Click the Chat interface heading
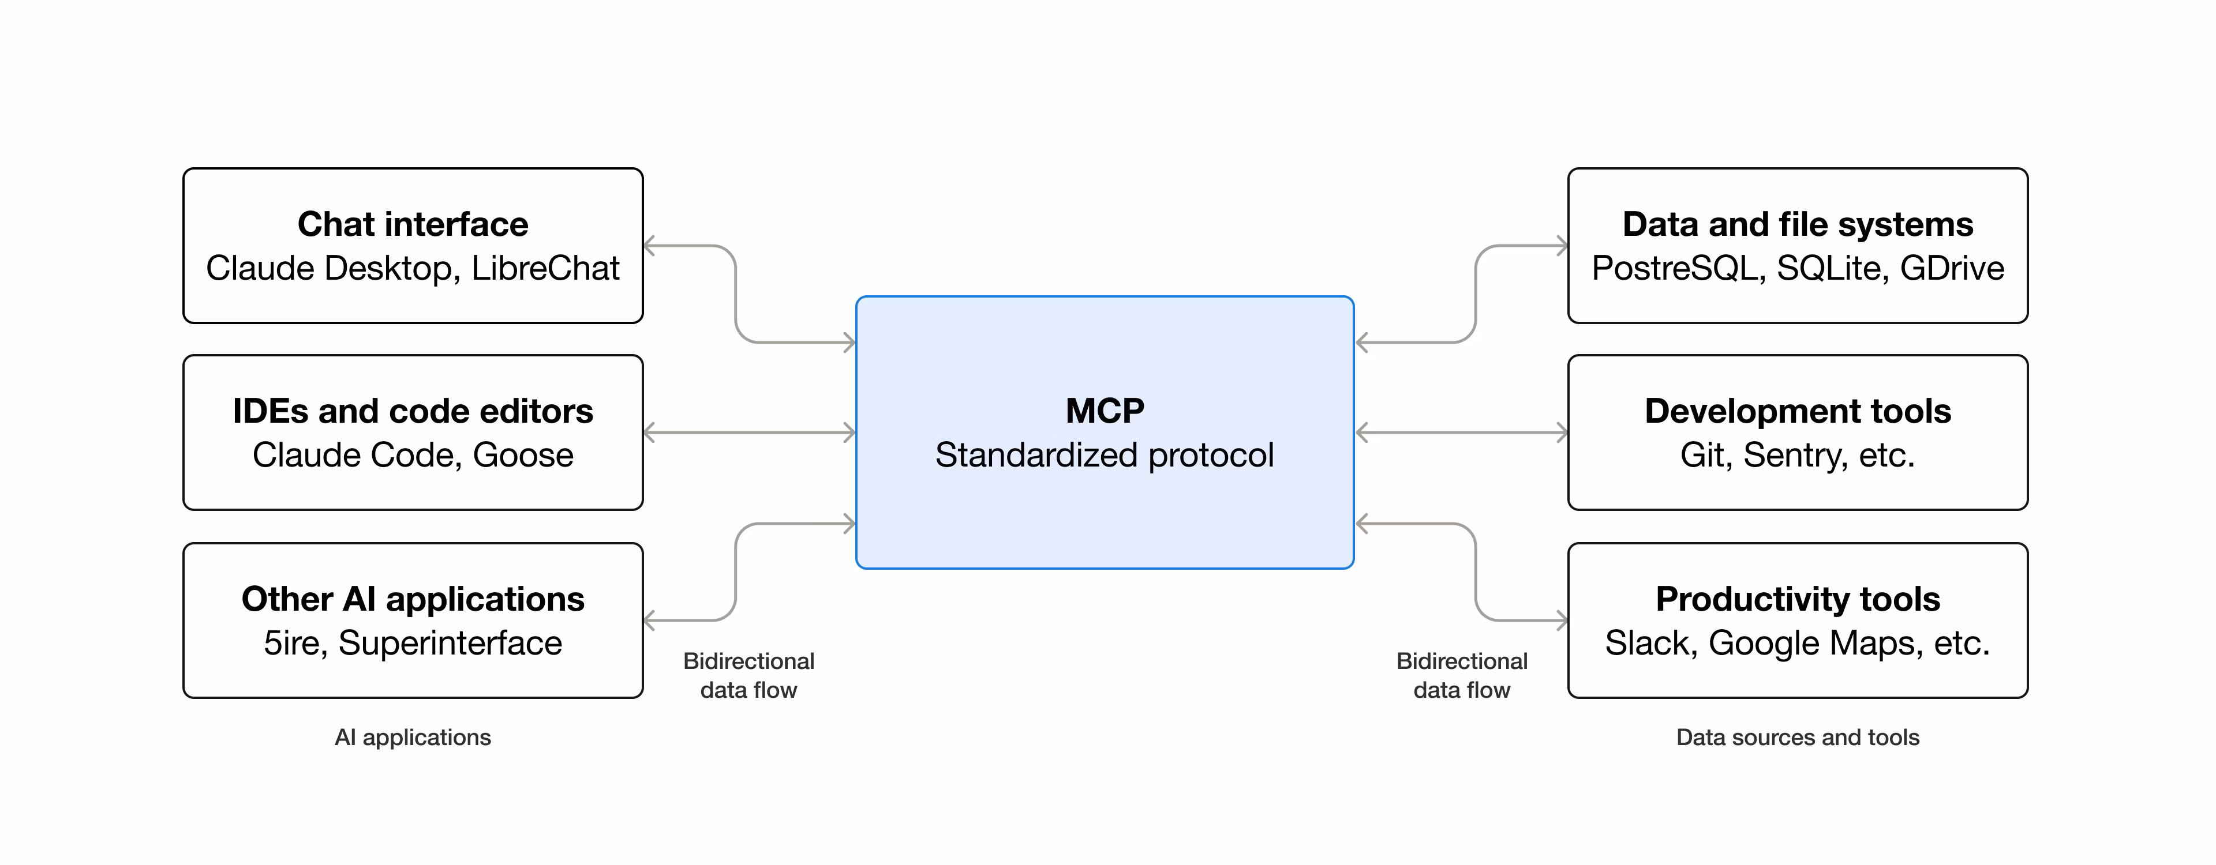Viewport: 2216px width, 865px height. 413,224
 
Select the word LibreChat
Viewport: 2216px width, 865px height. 545,268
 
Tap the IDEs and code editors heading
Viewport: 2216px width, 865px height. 413,411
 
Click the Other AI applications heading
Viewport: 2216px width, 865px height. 413,599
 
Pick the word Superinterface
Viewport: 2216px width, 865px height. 450,643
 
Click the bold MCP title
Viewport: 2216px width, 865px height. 1105,411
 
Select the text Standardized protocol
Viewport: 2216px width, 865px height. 1105,455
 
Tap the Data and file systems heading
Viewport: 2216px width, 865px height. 1798,224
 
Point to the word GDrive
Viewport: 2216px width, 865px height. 1952,268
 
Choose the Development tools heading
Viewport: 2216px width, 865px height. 1798,411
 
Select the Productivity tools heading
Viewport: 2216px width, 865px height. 1798,599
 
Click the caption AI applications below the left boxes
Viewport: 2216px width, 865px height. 413,737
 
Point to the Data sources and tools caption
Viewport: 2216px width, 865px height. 1798,737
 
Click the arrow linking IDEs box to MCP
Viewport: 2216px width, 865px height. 749,432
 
